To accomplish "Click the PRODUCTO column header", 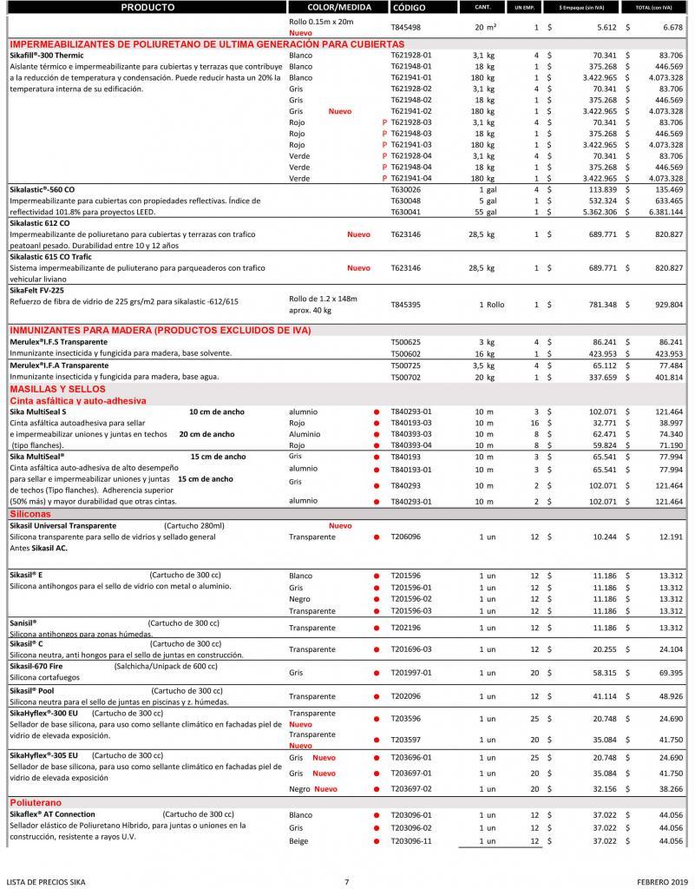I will click(x=148, y=7).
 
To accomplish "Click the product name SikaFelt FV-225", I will click(x=37, y=290).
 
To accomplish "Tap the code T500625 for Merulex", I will click(x=406, y=343).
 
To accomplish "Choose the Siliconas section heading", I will click(x=30, y=514).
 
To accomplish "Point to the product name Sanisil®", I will click(x=23, y=622).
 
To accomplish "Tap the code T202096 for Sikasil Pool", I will click(x=406, y=696).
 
